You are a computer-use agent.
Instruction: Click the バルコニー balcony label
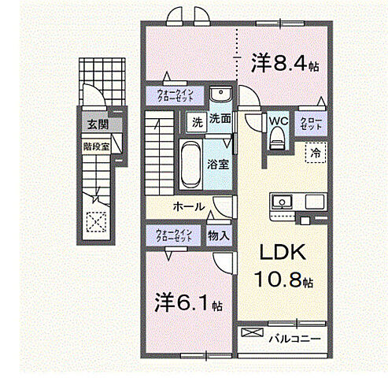click(293, 340)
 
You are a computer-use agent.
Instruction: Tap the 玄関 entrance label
click(98, 124)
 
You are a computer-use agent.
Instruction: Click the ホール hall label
click(189, 207)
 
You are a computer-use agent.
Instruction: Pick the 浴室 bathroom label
click(218, 165)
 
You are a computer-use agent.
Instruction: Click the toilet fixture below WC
click(276, 140)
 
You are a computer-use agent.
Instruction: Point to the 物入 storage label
click(219, 235)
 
